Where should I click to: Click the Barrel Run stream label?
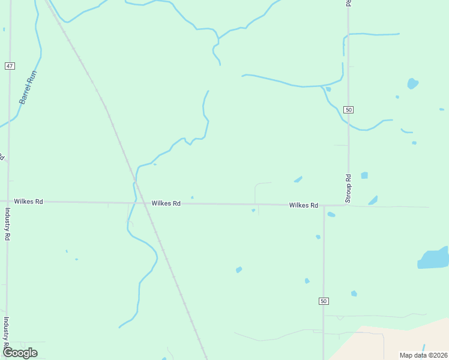[x=28, y=88]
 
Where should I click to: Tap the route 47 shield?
[x=9, y=65]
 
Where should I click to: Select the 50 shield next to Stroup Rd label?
[x=349, y=109]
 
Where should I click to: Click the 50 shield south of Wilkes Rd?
[x=324, y=301]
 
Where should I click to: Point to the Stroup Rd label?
[x=348, y=187]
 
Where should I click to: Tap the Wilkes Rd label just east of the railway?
[x=166, y=203]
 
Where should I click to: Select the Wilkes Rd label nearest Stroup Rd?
[x=303, y=205]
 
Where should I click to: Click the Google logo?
[x=20, y=353]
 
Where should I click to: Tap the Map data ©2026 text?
[x=423, y=355]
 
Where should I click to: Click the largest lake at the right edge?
[x=433, y=259]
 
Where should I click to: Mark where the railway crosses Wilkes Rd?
[x=141, y=203]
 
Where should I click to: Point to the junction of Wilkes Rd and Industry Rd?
[x=8, y=202]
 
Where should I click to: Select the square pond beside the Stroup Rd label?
[x=364, y=175]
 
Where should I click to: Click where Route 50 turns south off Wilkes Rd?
[x=324, y=206]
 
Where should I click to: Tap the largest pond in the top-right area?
[x=412, y=83]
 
